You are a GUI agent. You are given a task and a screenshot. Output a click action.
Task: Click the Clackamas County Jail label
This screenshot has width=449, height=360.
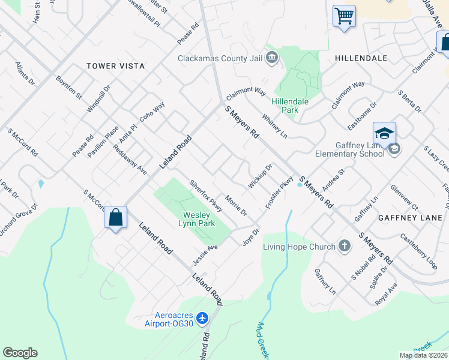point(221,58)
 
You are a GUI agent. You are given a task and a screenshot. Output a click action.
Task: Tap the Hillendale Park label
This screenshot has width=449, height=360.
point(290,106)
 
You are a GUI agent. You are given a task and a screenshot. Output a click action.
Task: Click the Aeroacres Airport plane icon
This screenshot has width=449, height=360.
point(202,317)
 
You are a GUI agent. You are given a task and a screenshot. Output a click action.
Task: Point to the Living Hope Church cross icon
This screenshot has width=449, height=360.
point(344,245)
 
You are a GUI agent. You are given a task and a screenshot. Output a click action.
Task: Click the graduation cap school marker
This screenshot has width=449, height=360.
point(384,133)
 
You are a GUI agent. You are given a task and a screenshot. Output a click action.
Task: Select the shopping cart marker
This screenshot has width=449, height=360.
point(344,16)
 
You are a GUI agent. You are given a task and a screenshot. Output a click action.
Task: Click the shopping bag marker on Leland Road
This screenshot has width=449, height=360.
point(116,218)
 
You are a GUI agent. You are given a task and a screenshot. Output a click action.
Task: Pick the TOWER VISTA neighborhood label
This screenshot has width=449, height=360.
point(116,66)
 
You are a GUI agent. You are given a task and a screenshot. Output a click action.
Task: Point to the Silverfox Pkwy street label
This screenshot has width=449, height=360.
point(206,196)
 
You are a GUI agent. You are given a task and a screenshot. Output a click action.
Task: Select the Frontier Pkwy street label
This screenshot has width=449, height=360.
point(279,191)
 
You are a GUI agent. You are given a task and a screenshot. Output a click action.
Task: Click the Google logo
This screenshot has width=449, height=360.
point(20,353)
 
